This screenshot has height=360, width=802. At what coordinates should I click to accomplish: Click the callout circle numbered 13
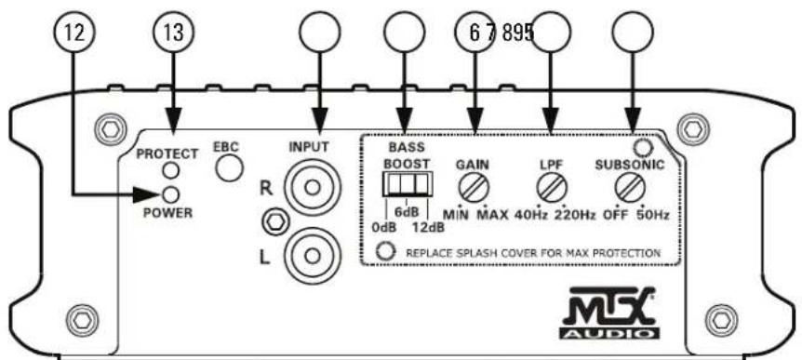pos(171,31)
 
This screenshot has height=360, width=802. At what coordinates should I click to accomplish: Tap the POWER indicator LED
pos(171,193)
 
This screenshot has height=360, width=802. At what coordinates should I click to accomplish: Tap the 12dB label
pos(425,226)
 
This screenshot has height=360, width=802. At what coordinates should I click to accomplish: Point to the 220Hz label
pos(576,215)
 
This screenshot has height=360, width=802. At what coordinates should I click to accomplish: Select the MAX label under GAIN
pos(492,215)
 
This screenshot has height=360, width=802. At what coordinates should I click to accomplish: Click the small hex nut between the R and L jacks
pos(274,221)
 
